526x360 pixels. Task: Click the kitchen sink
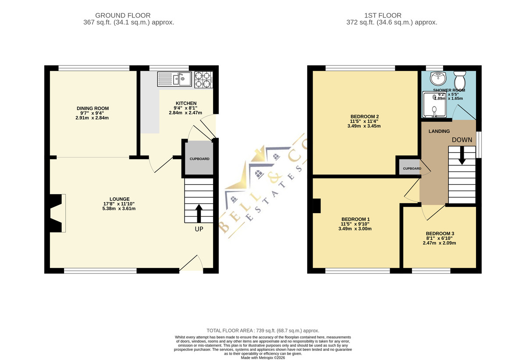174,79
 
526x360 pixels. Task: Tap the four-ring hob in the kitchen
203,80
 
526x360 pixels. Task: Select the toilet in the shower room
460,79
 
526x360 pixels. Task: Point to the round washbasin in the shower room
438,78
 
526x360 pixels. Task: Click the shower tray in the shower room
434,104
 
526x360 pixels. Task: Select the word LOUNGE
120,199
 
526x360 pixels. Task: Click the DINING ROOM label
93,108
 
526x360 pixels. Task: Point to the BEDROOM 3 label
440,233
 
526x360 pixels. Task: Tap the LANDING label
439,131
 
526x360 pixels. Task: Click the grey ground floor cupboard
199,158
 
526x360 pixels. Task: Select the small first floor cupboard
409,167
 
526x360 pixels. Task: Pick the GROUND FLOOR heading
123,15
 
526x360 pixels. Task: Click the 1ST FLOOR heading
383,15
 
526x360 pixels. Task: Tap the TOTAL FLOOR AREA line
263,331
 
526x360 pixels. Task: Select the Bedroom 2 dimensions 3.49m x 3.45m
364,126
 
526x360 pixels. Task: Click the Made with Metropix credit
263,358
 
